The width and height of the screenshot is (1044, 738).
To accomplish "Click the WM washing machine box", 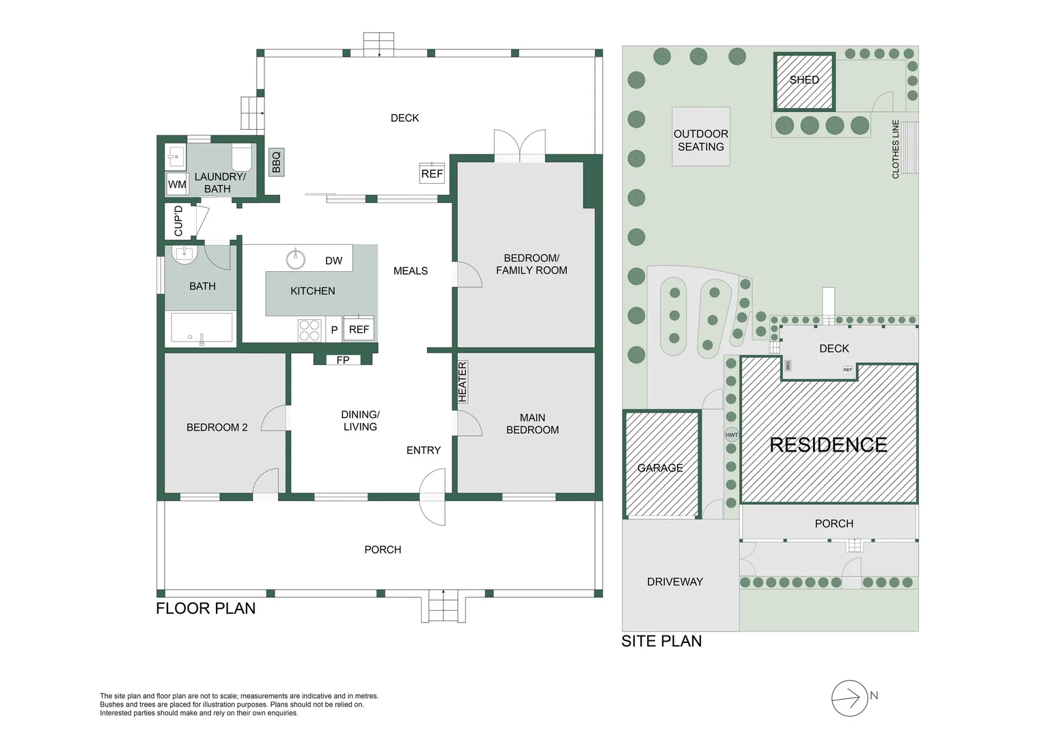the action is coord(177,184).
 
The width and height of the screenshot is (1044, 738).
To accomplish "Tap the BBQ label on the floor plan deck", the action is coord(277,162).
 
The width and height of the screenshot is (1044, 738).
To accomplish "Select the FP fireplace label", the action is coord(343,360).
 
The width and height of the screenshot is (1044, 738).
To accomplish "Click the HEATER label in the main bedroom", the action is coord(463,382).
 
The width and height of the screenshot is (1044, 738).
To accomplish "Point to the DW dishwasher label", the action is coord(333,261).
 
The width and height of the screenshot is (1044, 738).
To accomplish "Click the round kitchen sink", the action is coord(295,259).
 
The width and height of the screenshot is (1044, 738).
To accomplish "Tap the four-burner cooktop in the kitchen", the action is coord(310,330).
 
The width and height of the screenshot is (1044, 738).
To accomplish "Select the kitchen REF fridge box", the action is coord(359,329).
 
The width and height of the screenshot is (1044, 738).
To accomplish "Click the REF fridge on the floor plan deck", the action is coord(432,173).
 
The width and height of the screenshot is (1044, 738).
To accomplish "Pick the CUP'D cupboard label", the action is coord(178,221).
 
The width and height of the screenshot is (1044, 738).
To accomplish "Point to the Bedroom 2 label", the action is coord(217,428).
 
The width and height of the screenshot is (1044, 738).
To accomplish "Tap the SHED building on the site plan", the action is coord(804,81).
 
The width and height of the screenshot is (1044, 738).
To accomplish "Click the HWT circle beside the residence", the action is coord(732,435).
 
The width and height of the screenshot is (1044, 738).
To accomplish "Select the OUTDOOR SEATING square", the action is coord(701,136).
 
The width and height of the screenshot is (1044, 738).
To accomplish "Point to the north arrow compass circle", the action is coord(850,698).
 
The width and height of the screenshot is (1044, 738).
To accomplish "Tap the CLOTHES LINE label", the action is coord(895,149).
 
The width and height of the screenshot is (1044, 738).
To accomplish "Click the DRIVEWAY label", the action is coord(675,582).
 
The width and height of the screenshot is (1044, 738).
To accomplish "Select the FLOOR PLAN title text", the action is coord(206,608).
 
